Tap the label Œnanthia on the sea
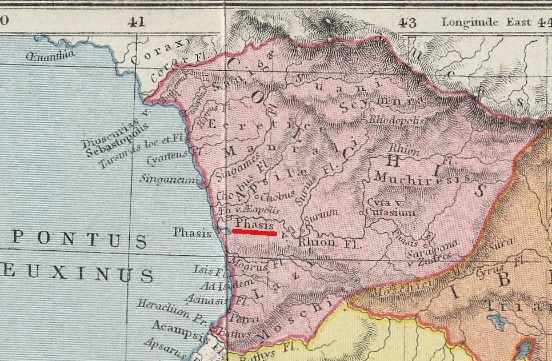click(50, 55)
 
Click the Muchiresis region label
click(423, 178)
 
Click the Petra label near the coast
click(244, 318)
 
